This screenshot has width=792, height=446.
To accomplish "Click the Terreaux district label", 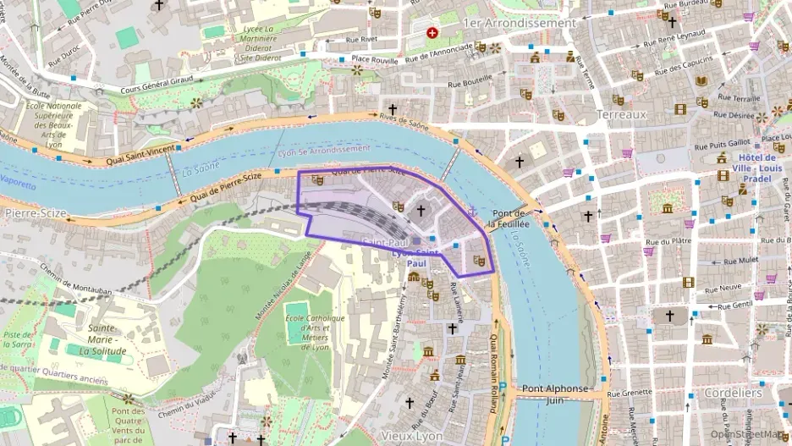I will tap(620, 114).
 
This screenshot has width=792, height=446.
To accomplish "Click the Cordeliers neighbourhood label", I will tap(732, 394).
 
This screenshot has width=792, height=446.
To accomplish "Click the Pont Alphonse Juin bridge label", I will tap(554, 394).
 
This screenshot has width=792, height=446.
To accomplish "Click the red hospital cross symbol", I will tap(433, 33).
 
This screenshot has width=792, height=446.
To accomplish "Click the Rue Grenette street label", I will tap(630, 393).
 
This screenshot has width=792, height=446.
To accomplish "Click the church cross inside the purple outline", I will tap(421, 209).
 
